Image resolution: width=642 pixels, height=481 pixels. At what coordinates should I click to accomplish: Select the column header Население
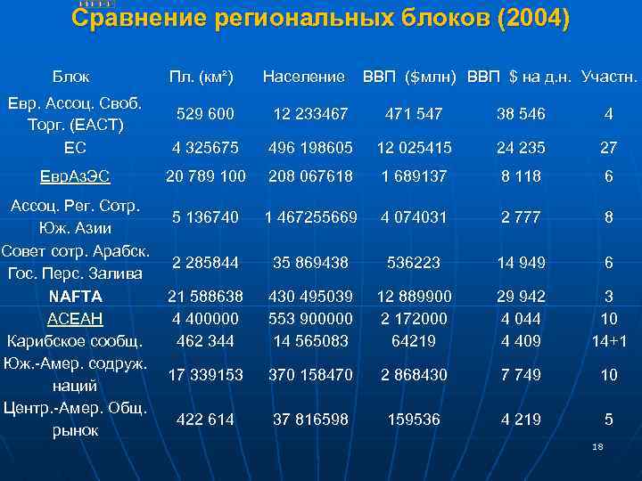pos(303,77)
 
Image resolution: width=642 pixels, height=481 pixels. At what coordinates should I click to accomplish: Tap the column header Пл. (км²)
pos(202,77)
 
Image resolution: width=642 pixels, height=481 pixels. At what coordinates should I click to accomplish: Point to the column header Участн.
pos(609,77)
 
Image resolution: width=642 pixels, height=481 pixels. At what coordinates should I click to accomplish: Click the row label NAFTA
pos(76,296)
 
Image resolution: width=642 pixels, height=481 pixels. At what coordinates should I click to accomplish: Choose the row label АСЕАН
pos(76,318)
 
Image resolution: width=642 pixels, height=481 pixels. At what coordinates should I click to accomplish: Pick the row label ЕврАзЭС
pos(76,176)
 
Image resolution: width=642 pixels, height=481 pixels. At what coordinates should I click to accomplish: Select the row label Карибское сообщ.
pos(76,340)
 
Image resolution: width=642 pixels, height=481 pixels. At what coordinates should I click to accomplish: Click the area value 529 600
pos(206,114)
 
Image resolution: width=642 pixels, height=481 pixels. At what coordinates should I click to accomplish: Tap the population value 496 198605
pos(310,147)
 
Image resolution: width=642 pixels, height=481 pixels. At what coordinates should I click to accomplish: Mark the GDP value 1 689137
pos(414,176)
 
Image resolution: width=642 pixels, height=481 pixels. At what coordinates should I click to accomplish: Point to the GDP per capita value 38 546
pos(521,114)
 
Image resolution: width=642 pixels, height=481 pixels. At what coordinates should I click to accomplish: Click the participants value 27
pos(608,147)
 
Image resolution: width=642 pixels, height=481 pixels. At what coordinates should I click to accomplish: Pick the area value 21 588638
pos(206,296)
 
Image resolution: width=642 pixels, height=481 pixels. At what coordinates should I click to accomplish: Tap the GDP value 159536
pos(414,420)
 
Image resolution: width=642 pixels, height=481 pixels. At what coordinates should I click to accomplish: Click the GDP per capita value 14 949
pos(521,263)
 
